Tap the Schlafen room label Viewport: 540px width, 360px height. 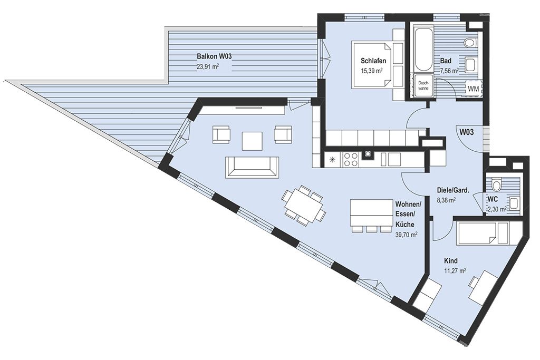[x=373, y=61]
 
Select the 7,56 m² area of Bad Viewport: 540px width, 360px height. [x=449, y=71]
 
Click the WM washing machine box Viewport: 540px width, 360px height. [x=474, y=89]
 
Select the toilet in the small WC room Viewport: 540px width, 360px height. [x=496, y=185]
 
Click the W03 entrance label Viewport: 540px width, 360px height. [x=467, y=131]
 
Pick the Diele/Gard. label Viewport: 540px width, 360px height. [x=453, y=190]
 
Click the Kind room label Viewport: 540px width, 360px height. [x=451, y=261]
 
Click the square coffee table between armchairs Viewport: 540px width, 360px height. [x=253, y=141]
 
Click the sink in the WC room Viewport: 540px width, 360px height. [x=513, y=204]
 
